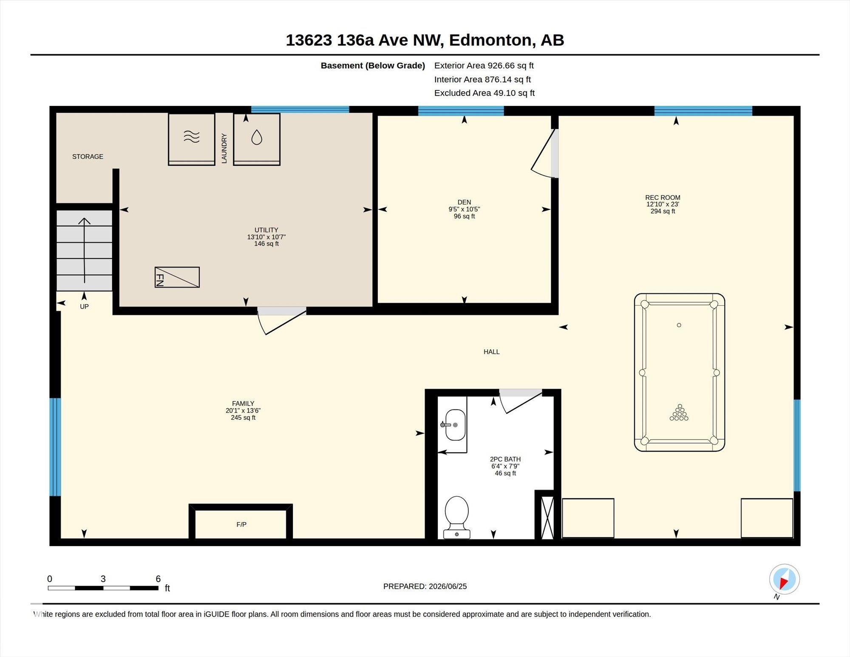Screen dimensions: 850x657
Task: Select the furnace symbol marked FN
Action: [177, 277]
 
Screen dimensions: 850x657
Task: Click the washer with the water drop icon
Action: [257, 139]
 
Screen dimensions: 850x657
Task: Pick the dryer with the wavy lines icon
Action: [192, 139]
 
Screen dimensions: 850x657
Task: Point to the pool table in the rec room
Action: [679, 372]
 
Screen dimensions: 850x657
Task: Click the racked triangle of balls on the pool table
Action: [679, 412]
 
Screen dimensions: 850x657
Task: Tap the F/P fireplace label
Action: [241, 524]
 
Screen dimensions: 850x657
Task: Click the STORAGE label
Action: [88, 156]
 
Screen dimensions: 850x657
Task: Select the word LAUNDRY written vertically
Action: [224, 148]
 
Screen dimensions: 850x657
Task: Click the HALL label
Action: [492, 352]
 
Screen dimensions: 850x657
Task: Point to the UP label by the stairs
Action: [84, 306]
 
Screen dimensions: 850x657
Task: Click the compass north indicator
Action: [784, 579]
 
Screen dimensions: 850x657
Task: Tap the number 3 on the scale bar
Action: [103, 579]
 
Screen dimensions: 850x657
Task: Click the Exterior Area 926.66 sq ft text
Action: [484, 65]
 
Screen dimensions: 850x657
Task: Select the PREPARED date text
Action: [425, 586]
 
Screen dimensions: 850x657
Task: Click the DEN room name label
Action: [464, 202]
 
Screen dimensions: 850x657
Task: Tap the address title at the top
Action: [425, 40]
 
